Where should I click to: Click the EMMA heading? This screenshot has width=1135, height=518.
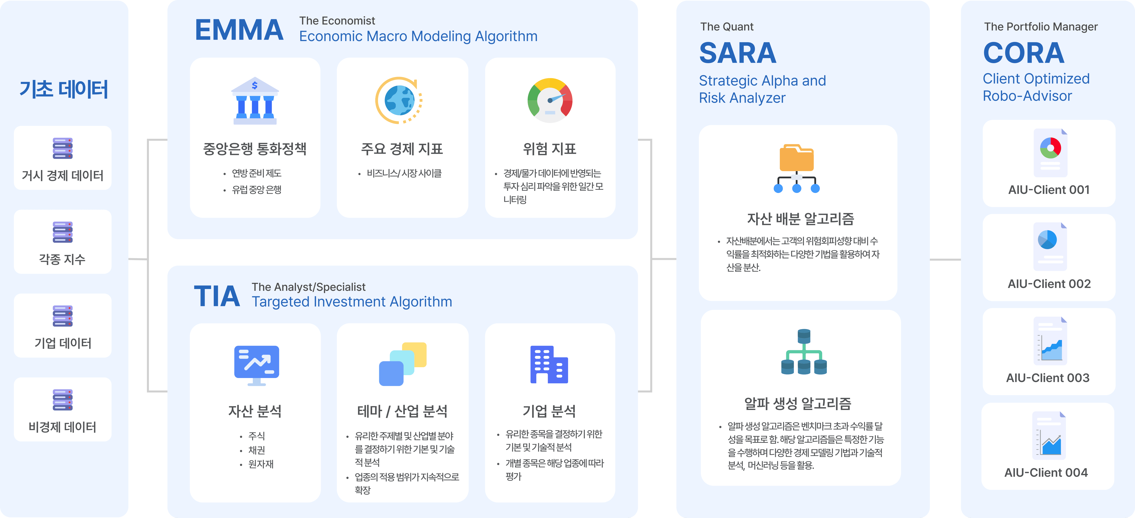(x=239, y=30)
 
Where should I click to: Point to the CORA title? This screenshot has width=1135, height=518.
(x=1024, y=53)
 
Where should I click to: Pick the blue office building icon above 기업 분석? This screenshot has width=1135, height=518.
(x=549, y=365)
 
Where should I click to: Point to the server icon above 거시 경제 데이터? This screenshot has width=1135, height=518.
(x=63, y=148)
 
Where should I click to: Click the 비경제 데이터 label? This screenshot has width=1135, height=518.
(x=63, y=427)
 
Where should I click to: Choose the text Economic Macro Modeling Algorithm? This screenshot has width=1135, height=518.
(x=418, y=36)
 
